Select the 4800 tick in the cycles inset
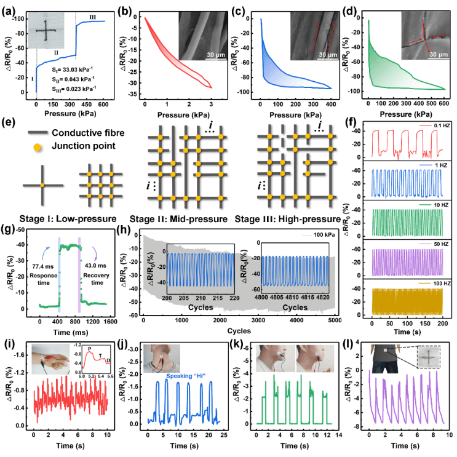tap(262, 299)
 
